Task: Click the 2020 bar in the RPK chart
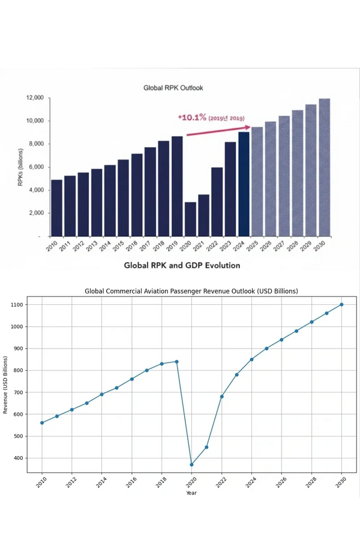tap(190, 219)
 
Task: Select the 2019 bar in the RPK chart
tap(177, 186)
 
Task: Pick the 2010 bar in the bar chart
tap(56, 208)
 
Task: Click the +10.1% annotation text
tap(192, 117)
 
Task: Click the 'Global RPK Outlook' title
tap(173, 88)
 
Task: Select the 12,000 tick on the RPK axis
tap(35, 97)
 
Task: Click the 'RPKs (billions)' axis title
tap(20, 167)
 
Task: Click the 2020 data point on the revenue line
tap(191, 464)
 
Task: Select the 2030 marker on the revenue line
tap(341, 304)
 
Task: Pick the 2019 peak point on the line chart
tap(176, 361)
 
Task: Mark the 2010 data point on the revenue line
tap(42, 422)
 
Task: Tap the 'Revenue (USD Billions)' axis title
tap(6, 382)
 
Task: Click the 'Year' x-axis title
tap(191, 493)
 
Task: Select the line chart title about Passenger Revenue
tap(191, 291)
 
